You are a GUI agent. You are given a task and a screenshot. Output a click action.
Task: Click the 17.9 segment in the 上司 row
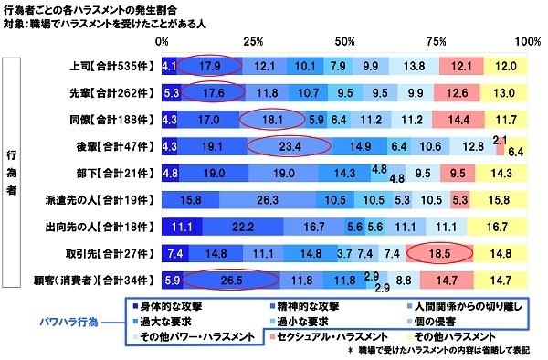pos(209,67)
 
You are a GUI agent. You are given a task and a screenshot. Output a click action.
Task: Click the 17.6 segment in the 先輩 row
pos(213,93)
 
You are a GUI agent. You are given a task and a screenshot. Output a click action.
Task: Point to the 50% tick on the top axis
pos(345,42)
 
